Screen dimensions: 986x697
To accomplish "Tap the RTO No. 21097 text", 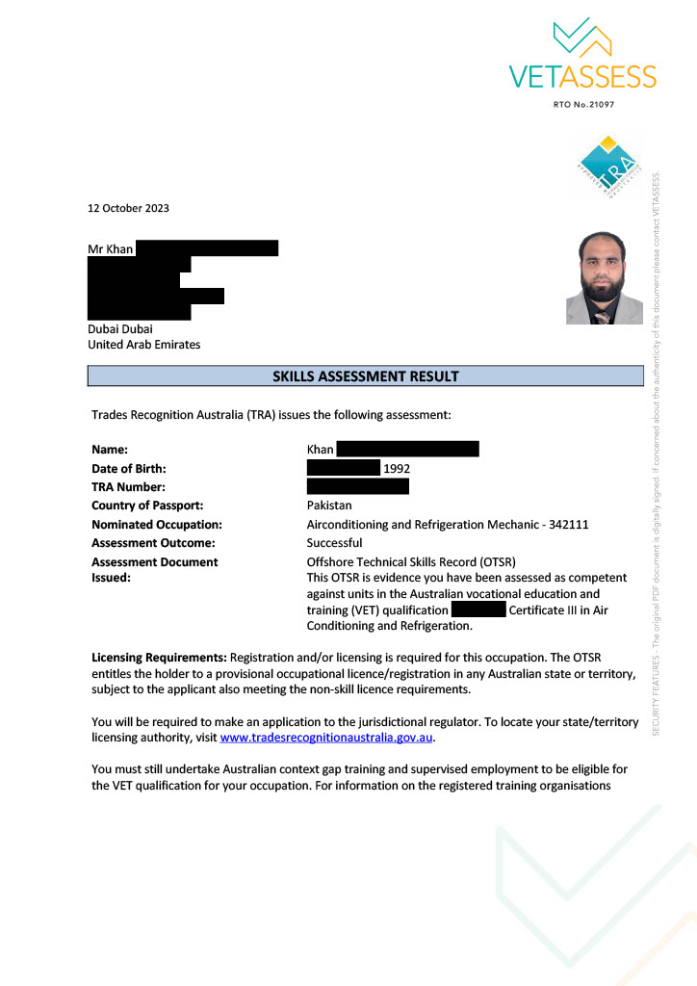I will point(583,104).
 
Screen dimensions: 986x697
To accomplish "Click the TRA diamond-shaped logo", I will point(607,167).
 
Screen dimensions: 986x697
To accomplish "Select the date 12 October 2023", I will point(128,208).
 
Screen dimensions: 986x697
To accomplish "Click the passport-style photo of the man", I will point(604,277).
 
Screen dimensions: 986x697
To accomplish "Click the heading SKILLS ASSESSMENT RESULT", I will point(366,376).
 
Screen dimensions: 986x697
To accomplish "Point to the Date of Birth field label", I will point(129,468).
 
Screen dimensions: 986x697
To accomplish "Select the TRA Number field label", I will point(128,487).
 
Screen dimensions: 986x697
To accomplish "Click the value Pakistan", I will point(329,506).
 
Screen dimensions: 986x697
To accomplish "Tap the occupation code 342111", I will point(568,525).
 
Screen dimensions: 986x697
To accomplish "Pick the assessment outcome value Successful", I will point(334,543).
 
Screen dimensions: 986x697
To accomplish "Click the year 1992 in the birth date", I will point(398,469).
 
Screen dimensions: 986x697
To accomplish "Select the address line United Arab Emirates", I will point(144,344).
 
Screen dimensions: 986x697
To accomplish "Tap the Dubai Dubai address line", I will point(120,328).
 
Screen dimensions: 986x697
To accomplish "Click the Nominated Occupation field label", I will point(157,525).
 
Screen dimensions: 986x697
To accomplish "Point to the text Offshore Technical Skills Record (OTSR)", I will point(411,561).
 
